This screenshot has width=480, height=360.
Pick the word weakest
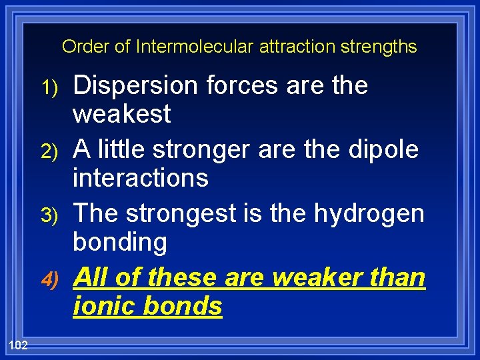click(121, 115)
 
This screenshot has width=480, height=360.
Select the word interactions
click(140, 178)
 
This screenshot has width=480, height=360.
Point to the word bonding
click(120, 243)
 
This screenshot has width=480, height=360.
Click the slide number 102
click(18, 343)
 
